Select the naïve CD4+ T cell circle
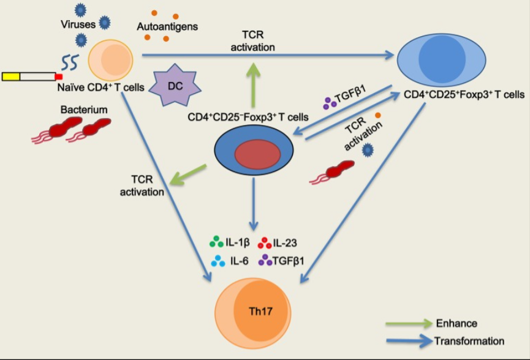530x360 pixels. coord(111,59)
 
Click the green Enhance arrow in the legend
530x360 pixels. coord(407,323)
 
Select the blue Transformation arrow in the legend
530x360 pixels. coord(407,341)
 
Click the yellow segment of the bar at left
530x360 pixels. coord(11,77)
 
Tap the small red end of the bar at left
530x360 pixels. coord(59,77)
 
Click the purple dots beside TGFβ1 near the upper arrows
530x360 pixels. coord(331,104)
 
